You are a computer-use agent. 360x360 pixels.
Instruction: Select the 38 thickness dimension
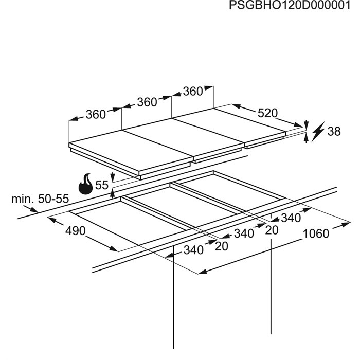click(334, 132)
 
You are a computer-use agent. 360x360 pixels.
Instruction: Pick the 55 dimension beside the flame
click(102, 185)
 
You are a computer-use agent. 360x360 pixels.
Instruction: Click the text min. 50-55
click(40, 199)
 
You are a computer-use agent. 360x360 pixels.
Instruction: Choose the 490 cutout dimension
click(75, 231)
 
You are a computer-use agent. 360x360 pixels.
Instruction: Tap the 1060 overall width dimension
click(316, 234)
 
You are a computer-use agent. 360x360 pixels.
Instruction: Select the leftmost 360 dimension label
click(95, 115)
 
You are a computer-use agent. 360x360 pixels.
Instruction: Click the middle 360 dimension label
click(147, 102)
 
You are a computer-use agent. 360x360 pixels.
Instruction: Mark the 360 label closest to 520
click(193, 92)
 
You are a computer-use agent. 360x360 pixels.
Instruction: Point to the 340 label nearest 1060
click(291, 218)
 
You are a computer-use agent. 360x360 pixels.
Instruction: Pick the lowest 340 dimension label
click(193, 250)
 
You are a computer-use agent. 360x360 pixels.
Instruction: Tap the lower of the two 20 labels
click(222, 246)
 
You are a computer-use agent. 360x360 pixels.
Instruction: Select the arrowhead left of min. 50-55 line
click(34, 209)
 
